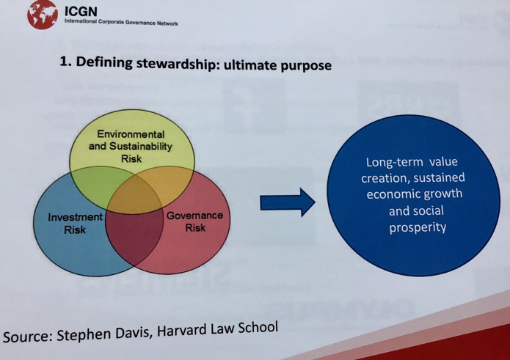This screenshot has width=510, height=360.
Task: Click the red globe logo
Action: click(x=43, y=15)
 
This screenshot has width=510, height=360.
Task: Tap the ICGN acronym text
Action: click(x=81, y=12)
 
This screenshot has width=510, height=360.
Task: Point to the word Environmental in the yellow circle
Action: click(x=131, y=134)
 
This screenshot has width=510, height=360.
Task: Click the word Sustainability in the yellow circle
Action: click(x=140, y=146)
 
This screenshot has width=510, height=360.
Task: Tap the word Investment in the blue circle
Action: click(x=75, y=217)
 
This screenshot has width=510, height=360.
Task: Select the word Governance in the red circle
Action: click(x=195, y=216)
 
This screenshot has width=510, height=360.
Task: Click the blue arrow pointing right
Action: click(x=288, y=202)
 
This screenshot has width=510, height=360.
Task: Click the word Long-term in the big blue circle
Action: click(x=395, y=162)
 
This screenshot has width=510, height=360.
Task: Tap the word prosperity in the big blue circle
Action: click(x=418, y=227)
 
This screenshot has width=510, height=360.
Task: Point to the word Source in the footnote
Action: click(x=28, y=337)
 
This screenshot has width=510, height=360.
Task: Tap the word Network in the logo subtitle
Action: click(x=167, y=23)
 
